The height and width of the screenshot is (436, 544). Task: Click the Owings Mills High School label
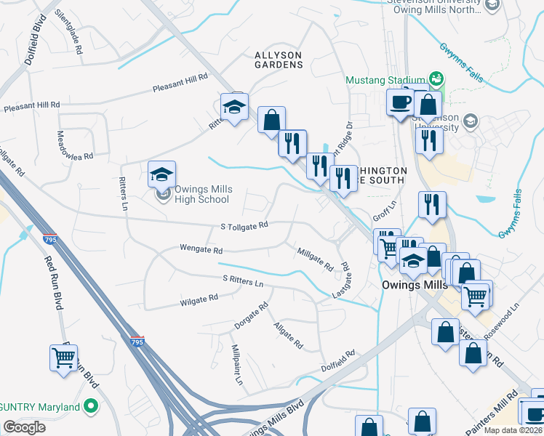pos(203,194)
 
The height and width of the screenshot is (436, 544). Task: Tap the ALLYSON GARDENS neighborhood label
pos(279,60)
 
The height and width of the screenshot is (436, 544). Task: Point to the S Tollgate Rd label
pos(245,226)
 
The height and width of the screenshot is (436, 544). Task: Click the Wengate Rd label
pos(201,249)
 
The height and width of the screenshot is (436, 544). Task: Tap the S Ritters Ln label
pos(243,280)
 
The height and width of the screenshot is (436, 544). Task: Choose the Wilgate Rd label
pos(199,299)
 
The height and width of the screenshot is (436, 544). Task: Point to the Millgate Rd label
pos(315,257)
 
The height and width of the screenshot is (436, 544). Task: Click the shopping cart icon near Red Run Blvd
pos(64,358)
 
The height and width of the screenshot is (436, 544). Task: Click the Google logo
pos(25,427)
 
